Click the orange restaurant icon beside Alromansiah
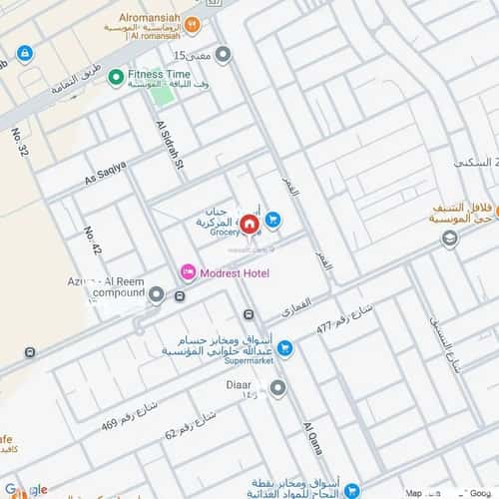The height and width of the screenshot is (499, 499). pos(193,25)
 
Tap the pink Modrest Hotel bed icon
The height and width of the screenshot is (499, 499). pos(187,272)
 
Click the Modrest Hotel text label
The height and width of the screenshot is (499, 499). pos(236,272)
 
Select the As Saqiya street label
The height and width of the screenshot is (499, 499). pos(106,174)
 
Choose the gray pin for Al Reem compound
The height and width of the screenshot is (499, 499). pos(157,294)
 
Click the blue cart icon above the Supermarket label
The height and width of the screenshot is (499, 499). pos(285,348)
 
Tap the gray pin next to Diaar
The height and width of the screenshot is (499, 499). pos(278,387)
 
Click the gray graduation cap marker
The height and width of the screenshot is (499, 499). pos(450,238)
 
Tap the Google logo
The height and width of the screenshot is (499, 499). pos(26,489)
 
